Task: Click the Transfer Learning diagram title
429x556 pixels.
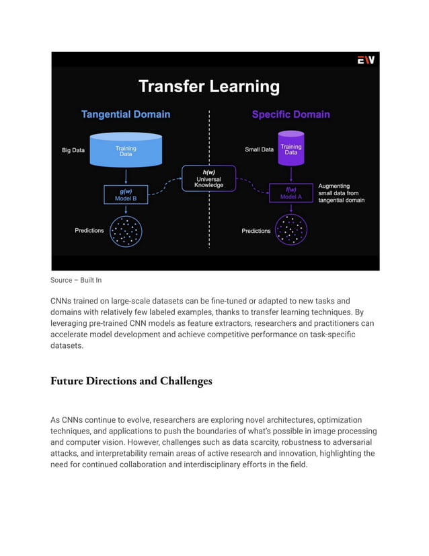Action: coord(208,87)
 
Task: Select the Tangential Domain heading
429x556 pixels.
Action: coord(126,114)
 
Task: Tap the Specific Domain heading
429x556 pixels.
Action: coord(290,114)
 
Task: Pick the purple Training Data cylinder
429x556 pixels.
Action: coord(290,148)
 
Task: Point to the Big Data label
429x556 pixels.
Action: coord(73,150)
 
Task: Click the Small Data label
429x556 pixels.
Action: coord(259,149)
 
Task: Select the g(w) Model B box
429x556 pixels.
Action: coord(126,195)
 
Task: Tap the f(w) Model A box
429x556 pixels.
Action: coord(290,193)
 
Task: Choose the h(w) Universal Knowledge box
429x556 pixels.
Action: coord(209,178)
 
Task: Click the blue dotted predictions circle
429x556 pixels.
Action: coord(126,231)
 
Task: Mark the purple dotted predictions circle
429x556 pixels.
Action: coord(290,231)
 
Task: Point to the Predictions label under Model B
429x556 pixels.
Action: coord(89,231)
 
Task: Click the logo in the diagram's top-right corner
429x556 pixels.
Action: coord(366,61)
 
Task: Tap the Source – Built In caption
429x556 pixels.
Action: coord(76,280)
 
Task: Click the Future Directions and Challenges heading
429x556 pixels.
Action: coord(131,382)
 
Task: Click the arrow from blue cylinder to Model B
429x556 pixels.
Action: coord(126,174)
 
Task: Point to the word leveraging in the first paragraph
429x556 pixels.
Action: coord(70,323)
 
